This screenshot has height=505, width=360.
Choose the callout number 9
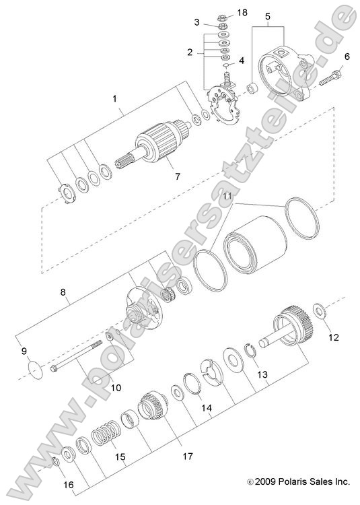[25, 350]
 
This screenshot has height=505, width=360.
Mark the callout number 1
[115, 98]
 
